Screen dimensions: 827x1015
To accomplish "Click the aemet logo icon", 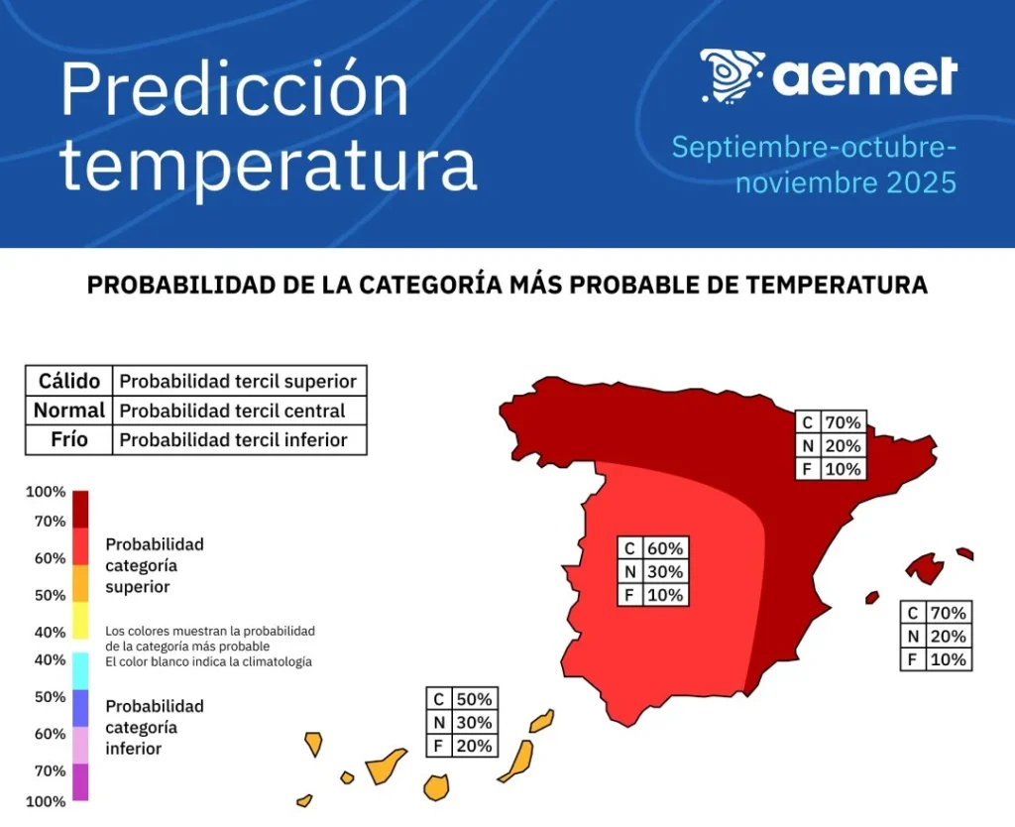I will pos(732,74).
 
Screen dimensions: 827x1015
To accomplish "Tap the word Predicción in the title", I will pos(234,90).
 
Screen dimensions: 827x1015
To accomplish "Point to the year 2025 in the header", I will pos(921,182).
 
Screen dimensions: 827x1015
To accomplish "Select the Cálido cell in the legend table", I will pos(69,381).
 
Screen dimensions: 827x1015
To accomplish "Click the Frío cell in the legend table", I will pos(69,439).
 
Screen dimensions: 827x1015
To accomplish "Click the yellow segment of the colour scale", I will pos(80,620).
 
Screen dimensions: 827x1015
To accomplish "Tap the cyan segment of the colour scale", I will pos(80,670).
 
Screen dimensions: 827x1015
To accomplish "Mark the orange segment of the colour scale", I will pos(80,583).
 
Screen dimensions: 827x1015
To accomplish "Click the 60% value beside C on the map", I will pos(664,548).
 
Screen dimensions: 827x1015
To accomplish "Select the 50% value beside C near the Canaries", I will pos(473,699).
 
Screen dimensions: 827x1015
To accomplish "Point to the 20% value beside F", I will pos(473,746).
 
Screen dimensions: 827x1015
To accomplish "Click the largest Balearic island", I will pos(926,568).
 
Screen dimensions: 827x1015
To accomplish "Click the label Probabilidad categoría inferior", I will pos(154,727).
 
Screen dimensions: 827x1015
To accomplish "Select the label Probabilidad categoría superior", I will pos(154,565).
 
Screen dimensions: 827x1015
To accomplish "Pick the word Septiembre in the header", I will pos(751,148).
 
